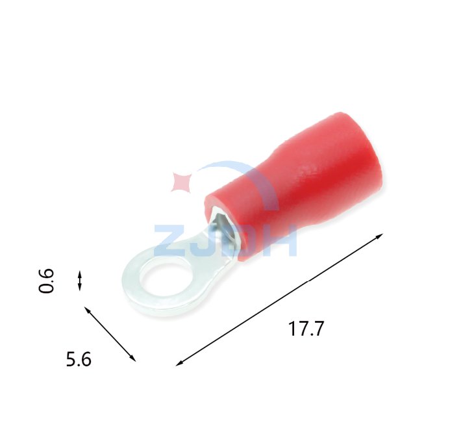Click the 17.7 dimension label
[x=306, y=329]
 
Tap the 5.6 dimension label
[x=79, y=359]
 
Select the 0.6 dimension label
[x=46, y=281]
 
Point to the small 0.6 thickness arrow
[x=80, y=280]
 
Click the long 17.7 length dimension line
[x=279, y=300]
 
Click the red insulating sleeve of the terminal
[x=295, y=186]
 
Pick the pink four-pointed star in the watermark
[x=181, y=182]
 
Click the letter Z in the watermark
[x=169, y=241]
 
